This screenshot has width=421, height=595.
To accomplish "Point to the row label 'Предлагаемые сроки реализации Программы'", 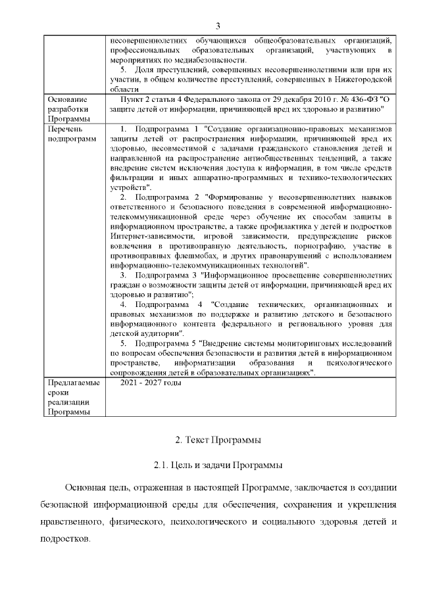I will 73,397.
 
